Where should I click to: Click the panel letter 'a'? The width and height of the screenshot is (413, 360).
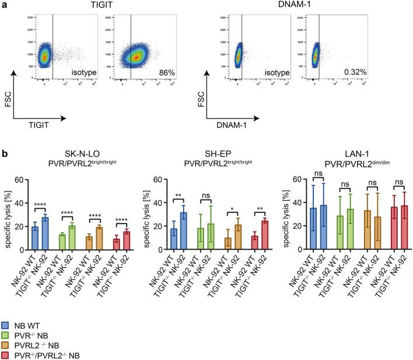[x=4, y=5]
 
